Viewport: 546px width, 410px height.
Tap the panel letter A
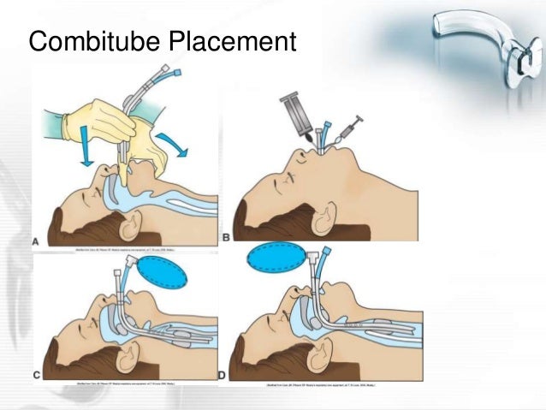point(36,242)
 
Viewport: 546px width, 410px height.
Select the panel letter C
point(37,374)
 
